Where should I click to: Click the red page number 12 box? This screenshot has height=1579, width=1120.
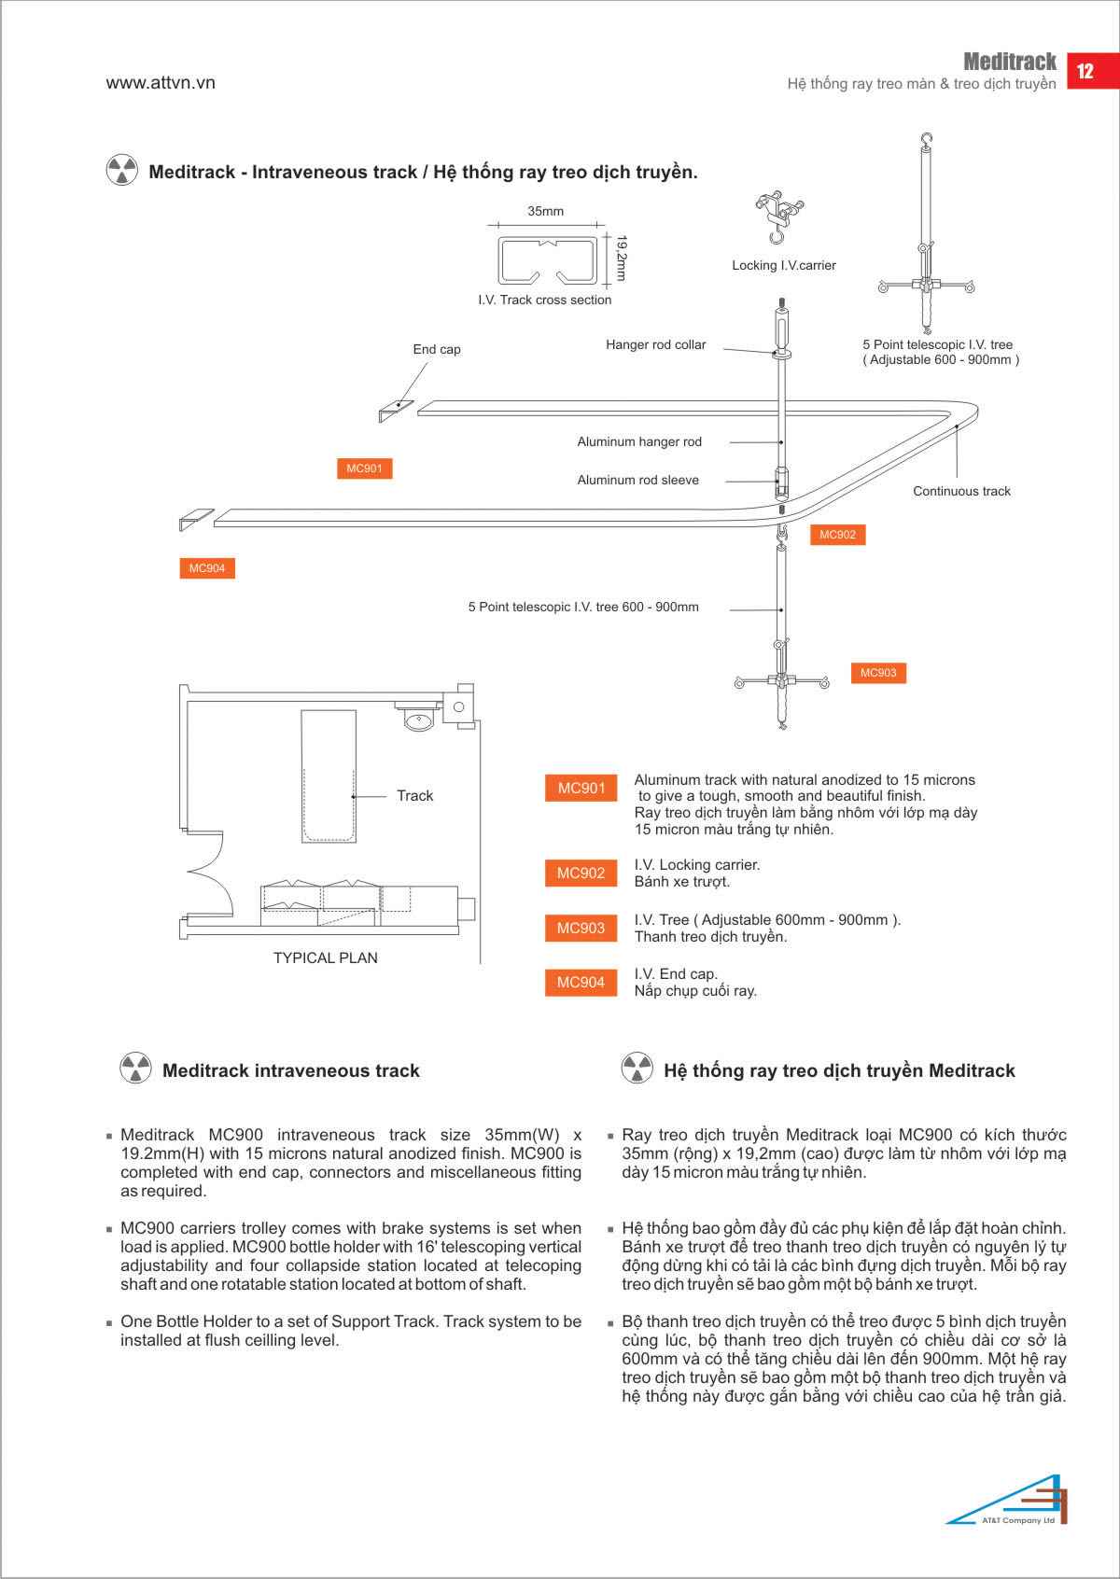coord(1093,71)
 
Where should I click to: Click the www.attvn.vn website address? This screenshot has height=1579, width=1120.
coord(161,82)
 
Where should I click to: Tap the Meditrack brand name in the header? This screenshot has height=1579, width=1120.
coord(1009,62)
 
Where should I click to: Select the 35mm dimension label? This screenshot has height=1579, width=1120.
coord(546,211)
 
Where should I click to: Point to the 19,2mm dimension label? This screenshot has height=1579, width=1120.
coord(621,258)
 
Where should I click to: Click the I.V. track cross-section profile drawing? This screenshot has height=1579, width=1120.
coord(548,260)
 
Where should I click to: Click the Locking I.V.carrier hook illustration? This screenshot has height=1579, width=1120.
coord(779,216)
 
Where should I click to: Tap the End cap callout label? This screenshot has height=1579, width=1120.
coord(437,349)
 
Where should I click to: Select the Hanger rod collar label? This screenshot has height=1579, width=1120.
coord(655,344)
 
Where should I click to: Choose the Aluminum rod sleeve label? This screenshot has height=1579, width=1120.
coord(637,480)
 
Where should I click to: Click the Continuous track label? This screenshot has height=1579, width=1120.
coord(961,491)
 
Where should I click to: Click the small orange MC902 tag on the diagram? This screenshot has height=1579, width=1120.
coord(837,535)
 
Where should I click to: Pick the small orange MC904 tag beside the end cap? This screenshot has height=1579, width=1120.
coord(207,568)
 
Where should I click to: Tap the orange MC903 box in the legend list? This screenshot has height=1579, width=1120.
coord(581,928)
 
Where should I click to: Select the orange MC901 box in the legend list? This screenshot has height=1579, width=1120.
coord(581,788)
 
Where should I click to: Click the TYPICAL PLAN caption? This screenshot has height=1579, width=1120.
coord(326,958)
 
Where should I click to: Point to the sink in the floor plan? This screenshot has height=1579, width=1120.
coord(418,720)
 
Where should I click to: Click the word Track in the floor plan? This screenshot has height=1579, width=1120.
coord(415,796)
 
